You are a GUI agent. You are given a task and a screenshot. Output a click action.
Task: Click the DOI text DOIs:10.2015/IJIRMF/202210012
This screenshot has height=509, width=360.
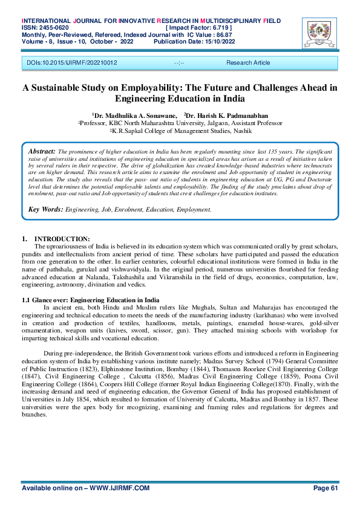tap(72, 63)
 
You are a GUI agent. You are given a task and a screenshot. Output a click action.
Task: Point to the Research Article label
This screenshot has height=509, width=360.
tap(248, 63)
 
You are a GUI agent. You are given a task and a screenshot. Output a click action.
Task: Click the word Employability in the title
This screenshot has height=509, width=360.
tap(165, 88)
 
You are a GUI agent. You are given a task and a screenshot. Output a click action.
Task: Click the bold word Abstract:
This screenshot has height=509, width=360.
tap(42, 150)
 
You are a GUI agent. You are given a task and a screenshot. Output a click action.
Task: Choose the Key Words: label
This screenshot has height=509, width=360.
tap(46, 209)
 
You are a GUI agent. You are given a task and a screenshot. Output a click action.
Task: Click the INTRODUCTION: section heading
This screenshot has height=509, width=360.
tap(62, 239)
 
